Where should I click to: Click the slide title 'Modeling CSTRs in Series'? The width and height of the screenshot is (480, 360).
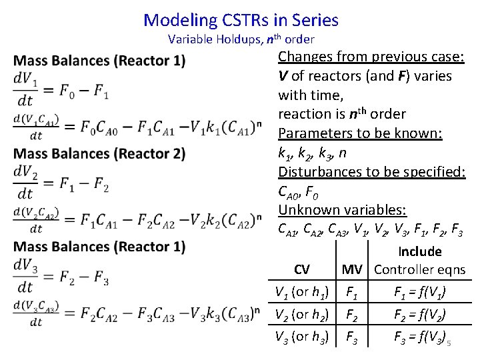tap(241, 20)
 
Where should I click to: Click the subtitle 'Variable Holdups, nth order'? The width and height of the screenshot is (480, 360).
tap(241, 39)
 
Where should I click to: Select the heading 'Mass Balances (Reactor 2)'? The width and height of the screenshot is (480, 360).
tap(99, 154)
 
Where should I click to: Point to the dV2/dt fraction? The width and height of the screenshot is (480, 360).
tap(26, 185)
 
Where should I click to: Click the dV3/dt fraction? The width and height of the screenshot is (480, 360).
tap(26, 277)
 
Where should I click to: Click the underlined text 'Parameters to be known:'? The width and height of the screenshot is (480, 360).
tap(360, 133)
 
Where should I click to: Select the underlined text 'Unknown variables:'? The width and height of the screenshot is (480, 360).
tap(342, 209)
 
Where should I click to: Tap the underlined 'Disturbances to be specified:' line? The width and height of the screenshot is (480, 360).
tap(371, 171)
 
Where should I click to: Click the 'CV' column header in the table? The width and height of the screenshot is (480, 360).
tap(302, 269)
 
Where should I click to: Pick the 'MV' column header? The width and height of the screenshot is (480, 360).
tap(352, 269)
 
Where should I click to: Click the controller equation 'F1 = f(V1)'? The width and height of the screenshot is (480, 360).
tap(420, 292)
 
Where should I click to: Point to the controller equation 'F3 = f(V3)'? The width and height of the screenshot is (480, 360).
tap(420, 337)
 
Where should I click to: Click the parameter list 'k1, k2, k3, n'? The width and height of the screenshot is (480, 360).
tap(312, 153)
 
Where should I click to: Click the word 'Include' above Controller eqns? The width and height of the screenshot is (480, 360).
tap(420, 251)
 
